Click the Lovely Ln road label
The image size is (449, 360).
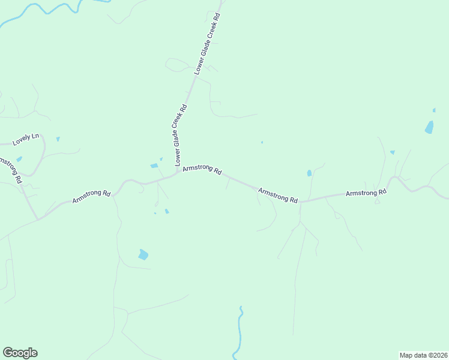click(25, 139)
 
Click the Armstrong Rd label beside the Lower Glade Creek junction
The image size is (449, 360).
click(202, 170)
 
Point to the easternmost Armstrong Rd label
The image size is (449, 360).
click(366, 193)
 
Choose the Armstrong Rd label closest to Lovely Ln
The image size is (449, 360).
click(91, 196)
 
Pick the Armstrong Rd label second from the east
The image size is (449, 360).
click(278, 195)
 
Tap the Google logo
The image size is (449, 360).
click(20, 353)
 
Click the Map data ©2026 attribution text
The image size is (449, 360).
click(423, 355)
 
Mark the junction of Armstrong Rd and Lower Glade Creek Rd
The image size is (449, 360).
click(178, 173)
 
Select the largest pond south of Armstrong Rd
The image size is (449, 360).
click(143, 254)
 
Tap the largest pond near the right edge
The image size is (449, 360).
click(429, 127)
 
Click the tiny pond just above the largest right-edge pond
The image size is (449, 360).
click(434, 110)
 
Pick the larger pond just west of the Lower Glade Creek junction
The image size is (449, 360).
click(154, 166)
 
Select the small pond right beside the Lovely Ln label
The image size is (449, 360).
click(58, 139)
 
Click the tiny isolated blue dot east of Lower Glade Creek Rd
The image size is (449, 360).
click(262, 142)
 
